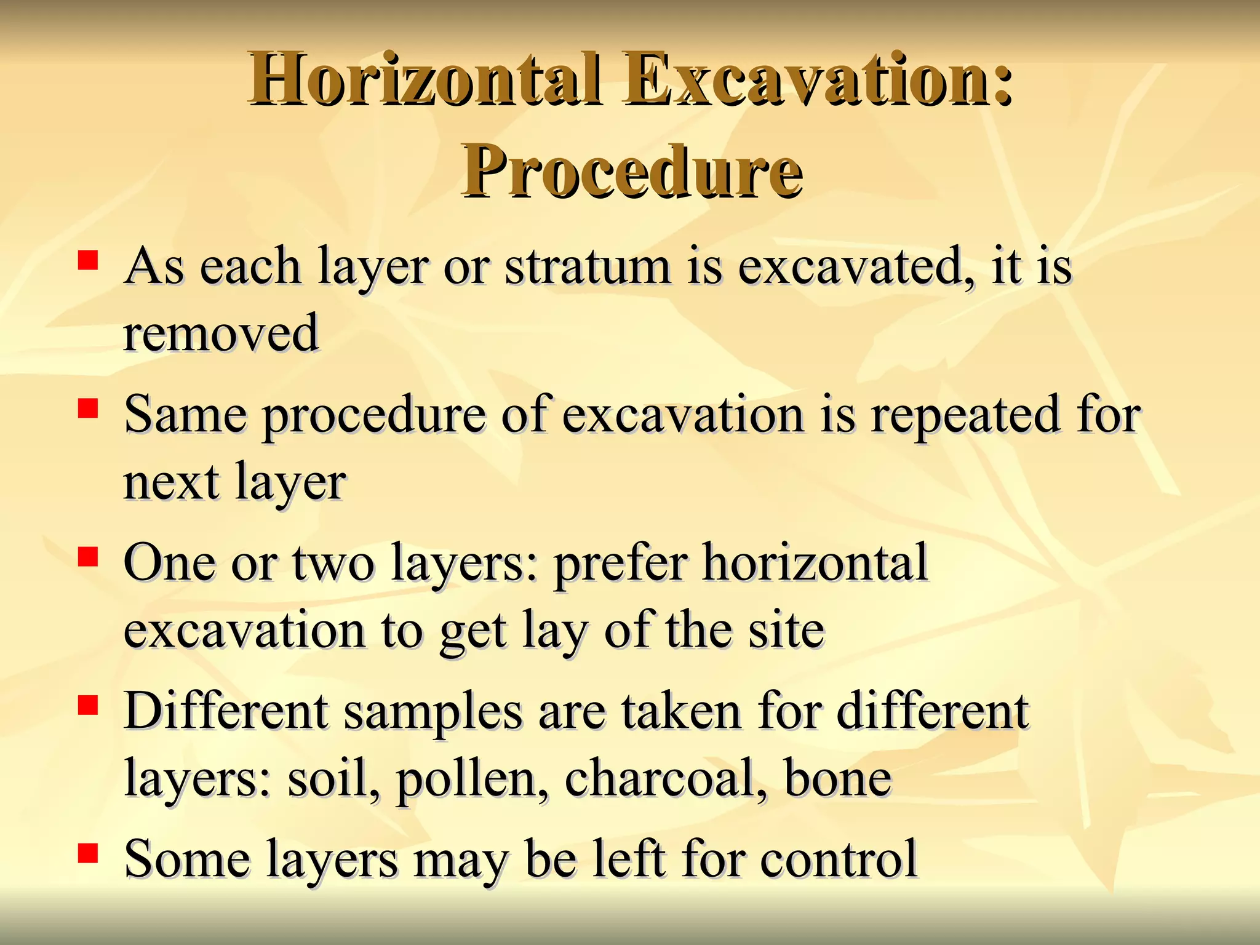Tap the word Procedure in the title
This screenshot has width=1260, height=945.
pyautogui.click(x=632, y=172)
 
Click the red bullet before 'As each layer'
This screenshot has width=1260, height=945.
pyautogui.click(x=88, y=260)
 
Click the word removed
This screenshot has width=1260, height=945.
pyautogui.click(x=221, y=333)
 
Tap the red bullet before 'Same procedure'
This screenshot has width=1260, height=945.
pyautogui.click(x=88, y=409)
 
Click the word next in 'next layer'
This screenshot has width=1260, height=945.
pyautogui.click(x=171, y=483)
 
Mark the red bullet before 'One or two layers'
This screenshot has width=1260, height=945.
pyautogui.click(x=88, y=557)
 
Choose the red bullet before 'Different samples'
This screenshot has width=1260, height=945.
pyautogui.click(x=88, y=705)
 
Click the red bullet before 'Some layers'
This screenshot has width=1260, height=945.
pyautogui.click(x=88, y=853)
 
